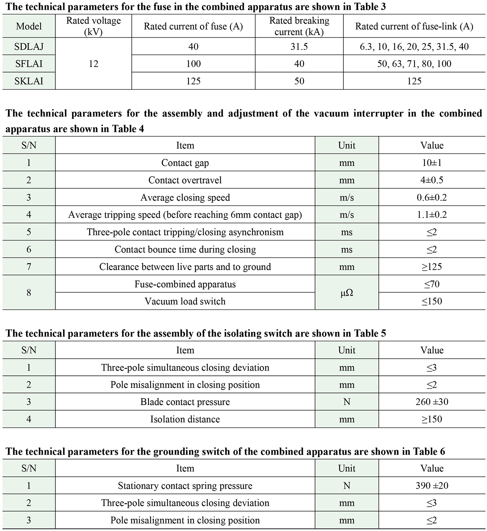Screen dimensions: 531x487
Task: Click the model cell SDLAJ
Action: coord(29,47)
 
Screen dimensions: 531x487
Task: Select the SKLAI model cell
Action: coord(29,81)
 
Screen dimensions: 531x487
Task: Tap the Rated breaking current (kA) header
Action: coord(299,26)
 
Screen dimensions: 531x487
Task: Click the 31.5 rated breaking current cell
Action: coord(299,47)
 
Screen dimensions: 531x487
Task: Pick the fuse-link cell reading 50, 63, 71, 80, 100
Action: coord(414,64)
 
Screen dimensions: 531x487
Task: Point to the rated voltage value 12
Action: coord(93,64)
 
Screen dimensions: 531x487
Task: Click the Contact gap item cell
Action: coord(185,163)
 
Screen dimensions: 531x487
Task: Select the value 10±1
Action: coord(432,163)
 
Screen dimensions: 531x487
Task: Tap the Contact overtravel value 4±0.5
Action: coord(432,180)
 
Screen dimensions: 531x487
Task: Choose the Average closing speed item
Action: coord(185,198)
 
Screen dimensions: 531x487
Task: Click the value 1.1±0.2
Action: coord(432,215)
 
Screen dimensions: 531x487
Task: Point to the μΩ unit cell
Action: coord(346,293)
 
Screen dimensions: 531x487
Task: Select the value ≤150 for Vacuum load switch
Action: coord(432,301)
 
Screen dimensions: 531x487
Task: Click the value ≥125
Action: coord(432,267)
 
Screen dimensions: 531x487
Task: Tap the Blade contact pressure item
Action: coord(185,402)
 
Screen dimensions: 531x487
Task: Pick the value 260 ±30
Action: coord(432,402)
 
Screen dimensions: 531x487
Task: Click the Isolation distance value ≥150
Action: coord(432,419)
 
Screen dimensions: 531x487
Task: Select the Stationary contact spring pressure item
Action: coord(185,486)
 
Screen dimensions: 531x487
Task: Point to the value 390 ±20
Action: coord(432,486)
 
